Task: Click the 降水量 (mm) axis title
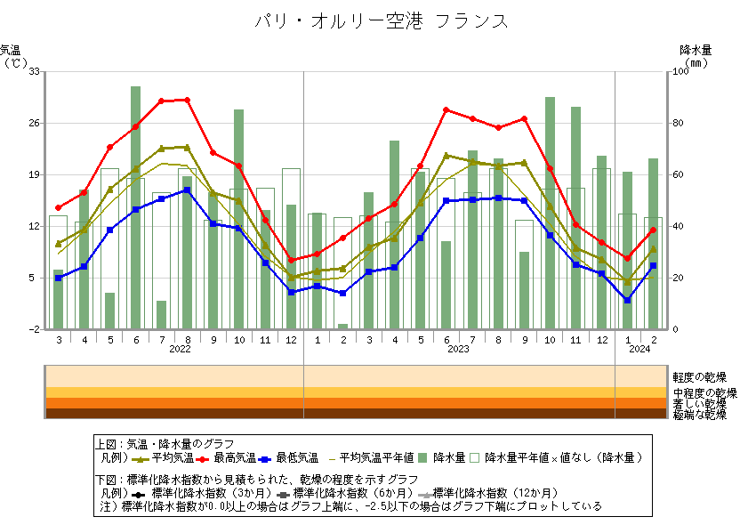click(696, 56)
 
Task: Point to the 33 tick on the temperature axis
click(34, 71)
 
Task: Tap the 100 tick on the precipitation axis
click(680, 71)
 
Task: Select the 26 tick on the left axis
click(34, 123)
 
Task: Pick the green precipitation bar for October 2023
click(550, 213)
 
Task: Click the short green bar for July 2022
click(161, 315)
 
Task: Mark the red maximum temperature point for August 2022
click(187, 100)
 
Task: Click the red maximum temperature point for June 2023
click(446, 109)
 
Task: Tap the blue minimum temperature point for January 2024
click(627, 300)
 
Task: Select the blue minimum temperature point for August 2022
click(187, 190)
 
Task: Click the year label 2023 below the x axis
click(458, 350)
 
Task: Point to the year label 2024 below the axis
click(639, 350)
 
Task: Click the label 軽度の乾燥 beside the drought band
click(699, 377)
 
